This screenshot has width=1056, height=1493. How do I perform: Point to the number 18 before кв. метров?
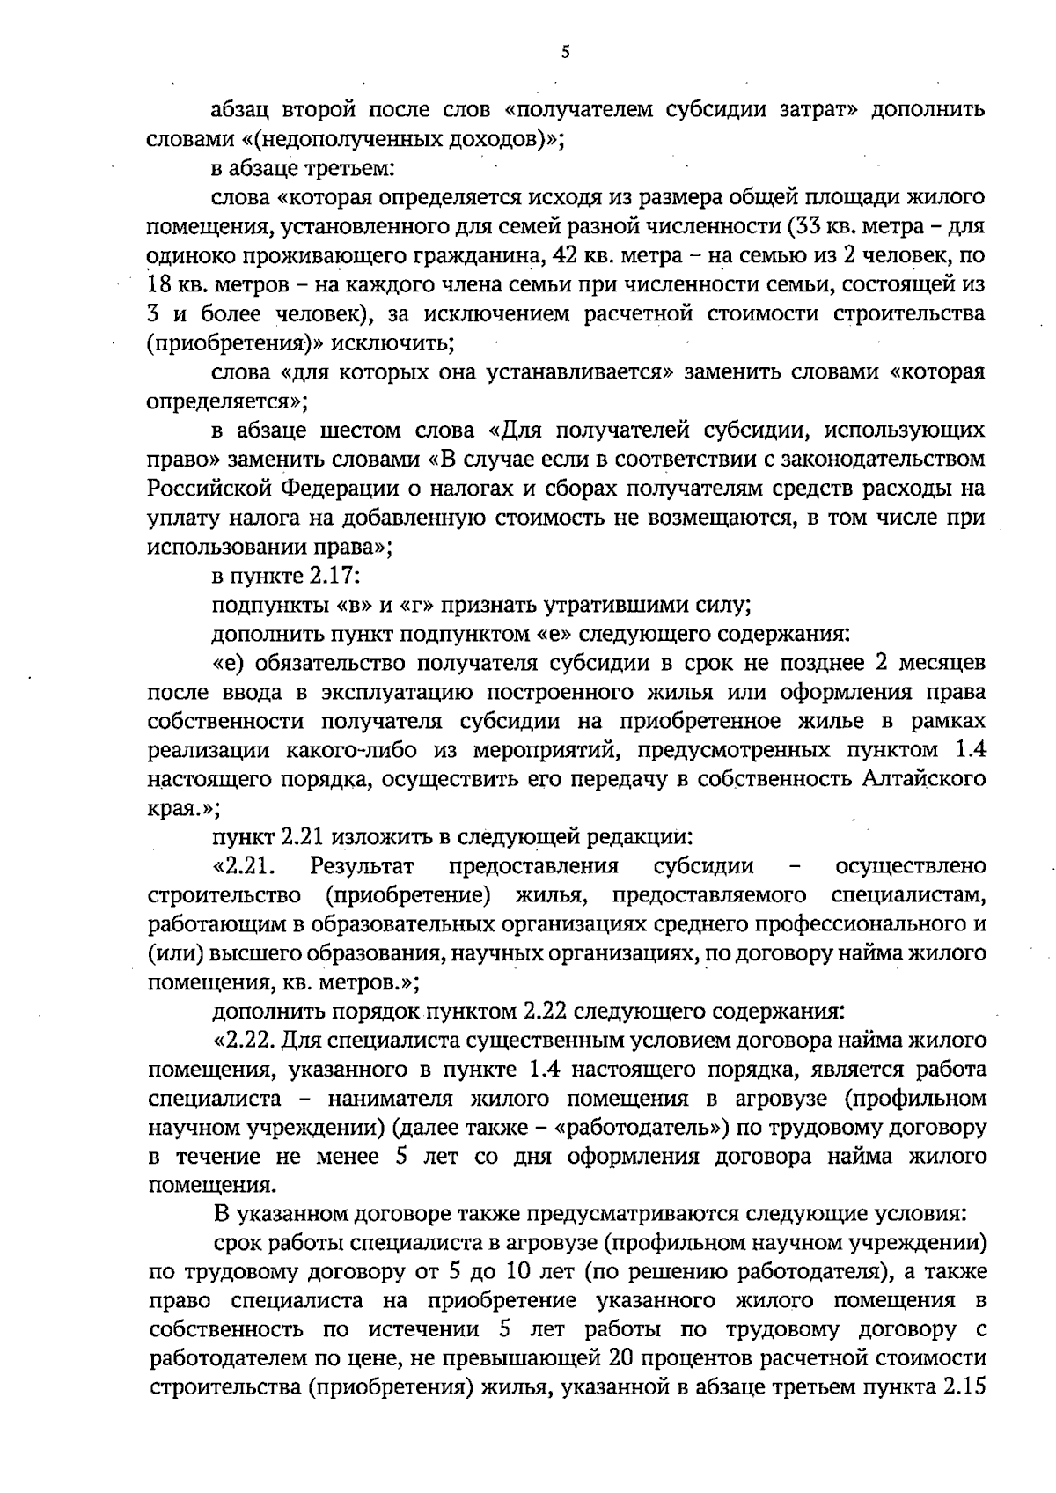tap(162, 284)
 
